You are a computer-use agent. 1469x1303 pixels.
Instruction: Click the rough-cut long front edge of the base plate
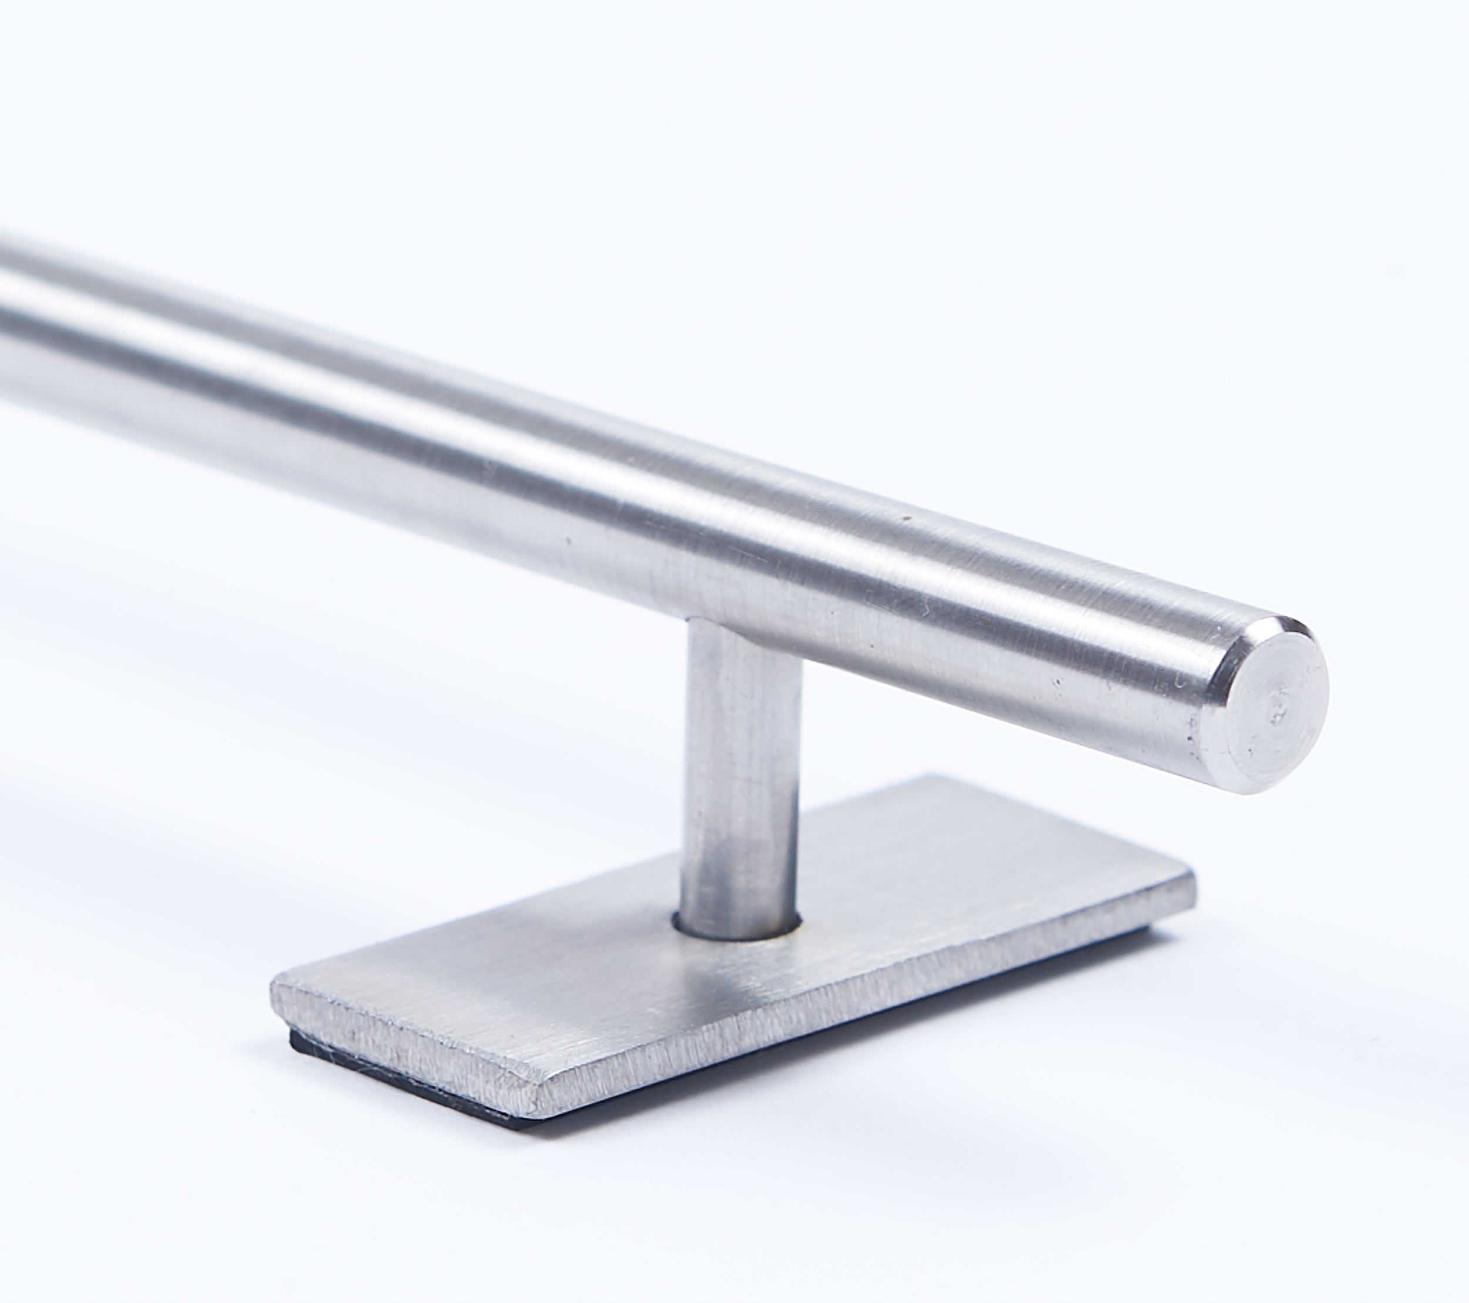(x=863, y=1006)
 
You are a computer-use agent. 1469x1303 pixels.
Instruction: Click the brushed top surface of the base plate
(x=898, y=898)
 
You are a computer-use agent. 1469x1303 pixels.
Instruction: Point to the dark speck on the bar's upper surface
(x=908, y=518)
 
